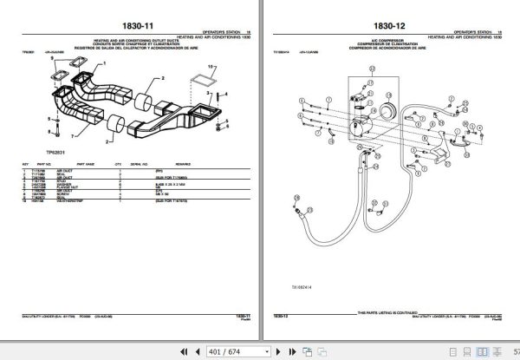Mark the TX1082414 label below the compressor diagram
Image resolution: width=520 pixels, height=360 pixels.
click(x=301, y=270)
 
